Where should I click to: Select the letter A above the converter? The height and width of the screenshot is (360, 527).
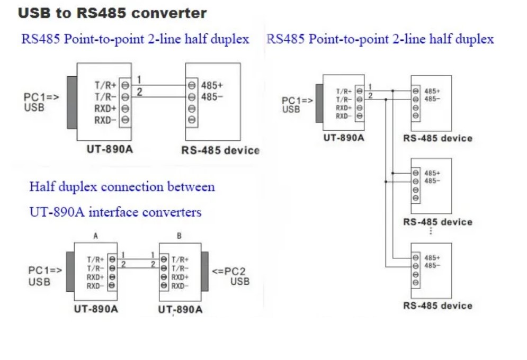(95, 236)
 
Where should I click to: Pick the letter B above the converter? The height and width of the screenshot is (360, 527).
(179, 236)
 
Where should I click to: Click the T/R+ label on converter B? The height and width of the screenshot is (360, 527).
(180, 259)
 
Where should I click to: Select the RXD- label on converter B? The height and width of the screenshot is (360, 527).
(180, 286)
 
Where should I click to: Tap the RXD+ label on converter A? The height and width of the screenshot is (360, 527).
(95, 277)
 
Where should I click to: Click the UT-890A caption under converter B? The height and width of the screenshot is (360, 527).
(180, 309)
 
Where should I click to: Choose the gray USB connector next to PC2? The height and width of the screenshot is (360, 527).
(205, 272)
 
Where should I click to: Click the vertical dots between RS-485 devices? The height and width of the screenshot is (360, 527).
(431, 231)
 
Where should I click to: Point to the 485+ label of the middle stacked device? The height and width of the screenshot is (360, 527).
(432, 173)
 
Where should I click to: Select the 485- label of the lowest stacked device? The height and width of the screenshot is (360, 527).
(432, 265)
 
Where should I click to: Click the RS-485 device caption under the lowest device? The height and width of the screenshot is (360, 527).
(437, 305)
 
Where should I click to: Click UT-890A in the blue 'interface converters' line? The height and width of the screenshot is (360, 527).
(57, 212)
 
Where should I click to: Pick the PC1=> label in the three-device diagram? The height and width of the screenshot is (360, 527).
(297, 101)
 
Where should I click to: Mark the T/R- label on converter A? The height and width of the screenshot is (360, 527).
(95, 268)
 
